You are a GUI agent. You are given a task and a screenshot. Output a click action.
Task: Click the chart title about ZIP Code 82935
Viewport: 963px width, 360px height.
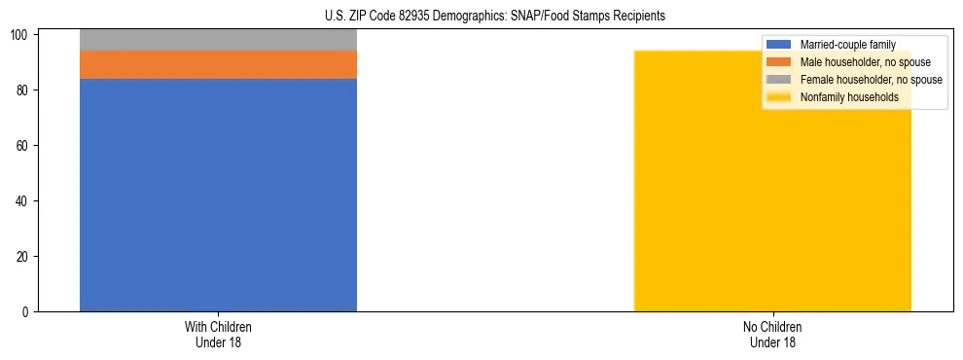pos(495,17)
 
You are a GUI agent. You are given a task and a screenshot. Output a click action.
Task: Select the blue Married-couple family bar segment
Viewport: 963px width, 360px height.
pos(218,195)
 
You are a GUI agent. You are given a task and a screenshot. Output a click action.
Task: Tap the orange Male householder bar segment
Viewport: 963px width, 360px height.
pos(218,64)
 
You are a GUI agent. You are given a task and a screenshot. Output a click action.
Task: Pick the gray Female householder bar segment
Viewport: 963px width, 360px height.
pos(218,40)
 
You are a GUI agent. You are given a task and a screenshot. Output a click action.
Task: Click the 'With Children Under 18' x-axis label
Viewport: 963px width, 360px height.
pos(218,335)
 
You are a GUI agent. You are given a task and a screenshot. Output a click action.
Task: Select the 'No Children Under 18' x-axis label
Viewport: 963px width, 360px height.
pos(772,335)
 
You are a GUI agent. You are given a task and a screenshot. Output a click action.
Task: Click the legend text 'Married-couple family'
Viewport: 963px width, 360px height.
pos(847,45)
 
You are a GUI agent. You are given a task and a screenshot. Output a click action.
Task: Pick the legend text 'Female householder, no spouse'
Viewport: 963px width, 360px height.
pos(871,80)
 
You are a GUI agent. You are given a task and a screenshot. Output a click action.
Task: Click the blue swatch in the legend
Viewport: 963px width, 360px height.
pos(779,45)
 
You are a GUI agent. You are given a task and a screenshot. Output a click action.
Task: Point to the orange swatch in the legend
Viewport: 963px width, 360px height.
pos(779,62)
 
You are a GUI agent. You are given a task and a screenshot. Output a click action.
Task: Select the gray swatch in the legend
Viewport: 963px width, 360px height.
pos(779,80)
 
